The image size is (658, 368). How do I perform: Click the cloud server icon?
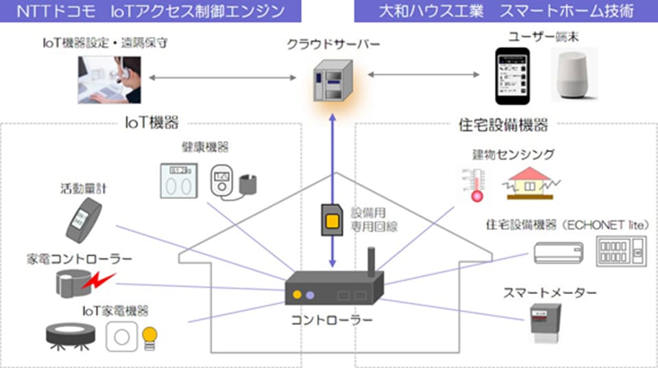click(333, 80)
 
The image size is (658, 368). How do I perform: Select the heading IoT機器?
click(151, 124)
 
